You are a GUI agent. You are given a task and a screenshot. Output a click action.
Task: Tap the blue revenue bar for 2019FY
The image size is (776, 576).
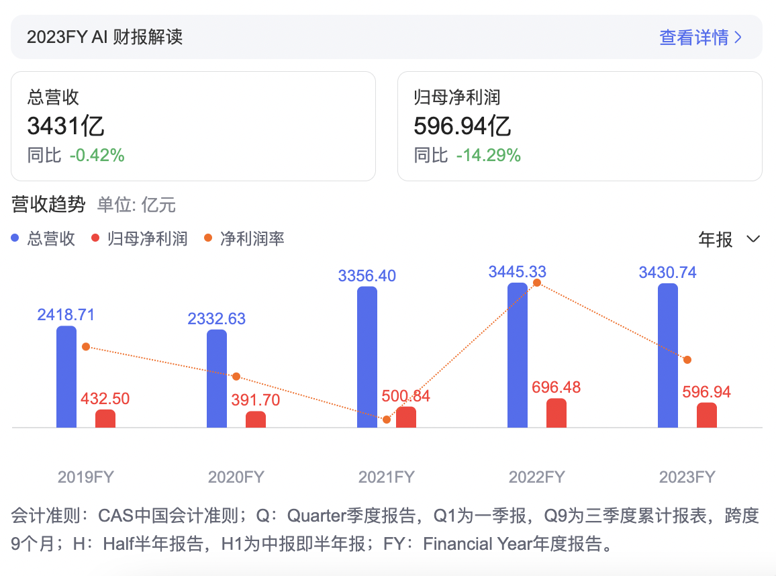66,377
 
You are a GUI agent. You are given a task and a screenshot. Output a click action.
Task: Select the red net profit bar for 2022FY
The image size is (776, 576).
556,413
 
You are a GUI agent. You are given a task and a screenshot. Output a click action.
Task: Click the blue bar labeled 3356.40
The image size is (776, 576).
367,357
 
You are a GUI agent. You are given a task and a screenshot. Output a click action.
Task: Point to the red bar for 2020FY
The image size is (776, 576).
256,420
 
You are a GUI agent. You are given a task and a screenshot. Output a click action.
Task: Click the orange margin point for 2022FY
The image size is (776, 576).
536,283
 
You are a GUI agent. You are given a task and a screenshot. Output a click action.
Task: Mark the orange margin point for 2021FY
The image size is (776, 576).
387,420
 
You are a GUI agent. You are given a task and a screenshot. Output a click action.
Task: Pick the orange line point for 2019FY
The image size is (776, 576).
86,346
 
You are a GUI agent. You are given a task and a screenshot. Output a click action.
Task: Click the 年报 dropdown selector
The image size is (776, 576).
729,240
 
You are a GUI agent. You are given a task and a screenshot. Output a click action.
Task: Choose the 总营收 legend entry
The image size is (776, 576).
44,239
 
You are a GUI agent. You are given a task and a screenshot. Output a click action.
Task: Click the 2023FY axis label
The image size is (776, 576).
687,477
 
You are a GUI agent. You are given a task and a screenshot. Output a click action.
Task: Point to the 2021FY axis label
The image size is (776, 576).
386,477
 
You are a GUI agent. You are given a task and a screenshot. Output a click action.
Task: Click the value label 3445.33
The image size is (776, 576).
518,272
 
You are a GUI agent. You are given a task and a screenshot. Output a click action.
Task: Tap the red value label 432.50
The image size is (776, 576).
105,399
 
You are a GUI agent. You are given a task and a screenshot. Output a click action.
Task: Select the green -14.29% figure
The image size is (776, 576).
488,156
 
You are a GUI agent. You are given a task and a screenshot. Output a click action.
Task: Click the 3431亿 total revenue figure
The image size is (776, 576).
66,126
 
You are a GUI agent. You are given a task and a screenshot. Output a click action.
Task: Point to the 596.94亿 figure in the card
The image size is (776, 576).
463,126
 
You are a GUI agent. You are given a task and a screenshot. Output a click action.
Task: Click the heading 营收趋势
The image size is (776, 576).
49,205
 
